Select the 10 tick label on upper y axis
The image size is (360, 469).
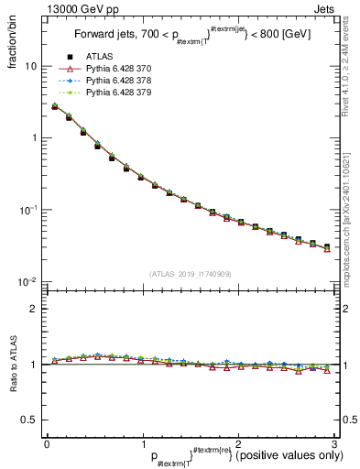pyautogui.click(x=30, y=67)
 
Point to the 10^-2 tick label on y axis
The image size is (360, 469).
pyautogui.click(x=27, y=281)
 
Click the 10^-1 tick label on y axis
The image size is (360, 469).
pyautogui.click(x=27, y=210)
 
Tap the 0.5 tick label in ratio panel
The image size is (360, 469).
pyautogui.click(x=29, y=420)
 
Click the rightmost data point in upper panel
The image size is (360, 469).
pyautogui.click(x=327, y=247)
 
